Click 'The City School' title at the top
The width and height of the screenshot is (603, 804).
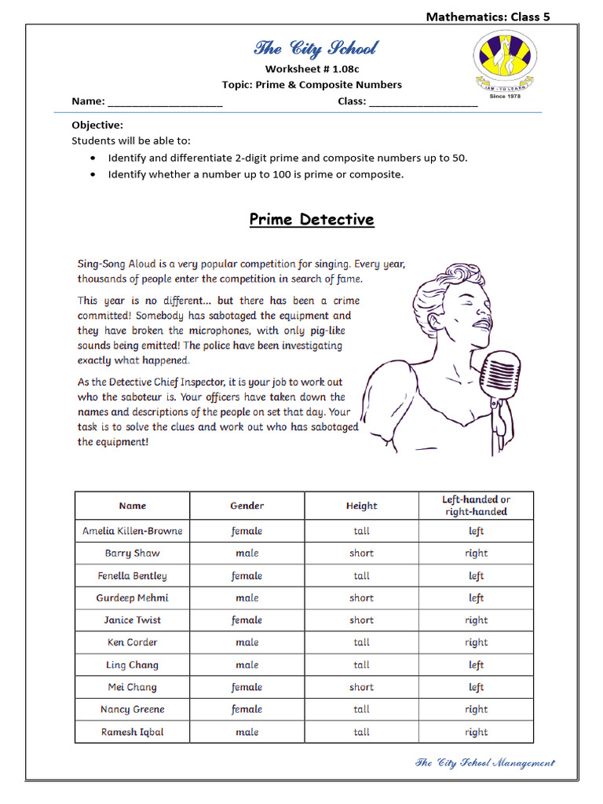(x=315, y=49)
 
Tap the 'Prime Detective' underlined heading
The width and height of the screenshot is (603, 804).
(x=312, y=220)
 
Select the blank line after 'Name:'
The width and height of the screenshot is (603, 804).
(x=165, y=101)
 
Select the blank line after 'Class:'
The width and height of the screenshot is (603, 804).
(x=422, y=101)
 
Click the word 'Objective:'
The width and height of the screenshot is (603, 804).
(x=97, y=125)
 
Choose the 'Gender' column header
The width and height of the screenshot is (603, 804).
(x=247, y=506)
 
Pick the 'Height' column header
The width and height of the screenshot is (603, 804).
(x=361, y=506)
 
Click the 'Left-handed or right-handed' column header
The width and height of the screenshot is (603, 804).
(x=476, y=506)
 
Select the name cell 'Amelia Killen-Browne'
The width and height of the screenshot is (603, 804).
(x=132, y=531)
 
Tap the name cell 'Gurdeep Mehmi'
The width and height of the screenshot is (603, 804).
(x=132, y=598)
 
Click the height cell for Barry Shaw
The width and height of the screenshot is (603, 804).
(x=361, y=553)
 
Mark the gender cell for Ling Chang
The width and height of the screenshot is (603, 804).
(x=247, y=665)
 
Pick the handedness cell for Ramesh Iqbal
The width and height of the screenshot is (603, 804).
(x=476, y=732)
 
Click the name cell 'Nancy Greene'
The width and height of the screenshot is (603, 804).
(x=132, y=709)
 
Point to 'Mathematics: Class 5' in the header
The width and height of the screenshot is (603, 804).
(x=488, y=16)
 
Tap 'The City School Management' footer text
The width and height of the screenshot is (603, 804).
(x=484, y=762)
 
